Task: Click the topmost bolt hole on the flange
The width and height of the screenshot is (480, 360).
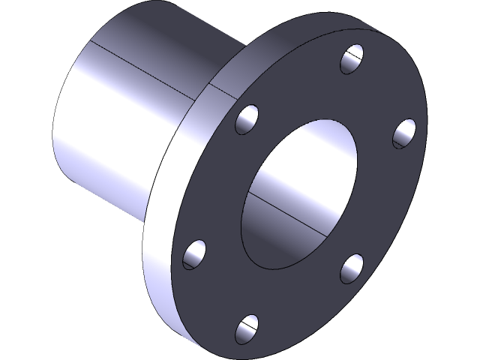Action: click(352, 59)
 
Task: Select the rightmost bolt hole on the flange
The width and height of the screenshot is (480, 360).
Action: click(404, 133)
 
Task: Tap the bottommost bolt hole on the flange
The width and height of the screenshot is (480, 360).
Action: click(247, 328)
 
